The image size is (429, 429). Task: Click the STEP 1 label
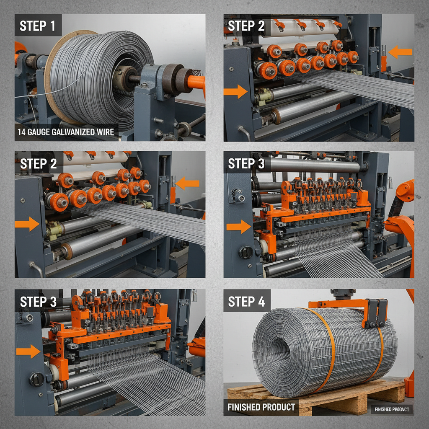38,26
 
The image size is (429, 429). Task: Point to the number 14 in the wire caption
22,133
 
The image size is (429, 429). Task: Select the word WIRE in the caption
105,133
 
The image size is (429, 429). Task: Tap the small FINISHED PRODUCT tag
392,409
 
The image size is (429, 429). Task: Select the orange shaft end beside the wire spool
196,81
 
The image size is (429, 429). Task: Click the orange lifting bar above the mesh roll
335,304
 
